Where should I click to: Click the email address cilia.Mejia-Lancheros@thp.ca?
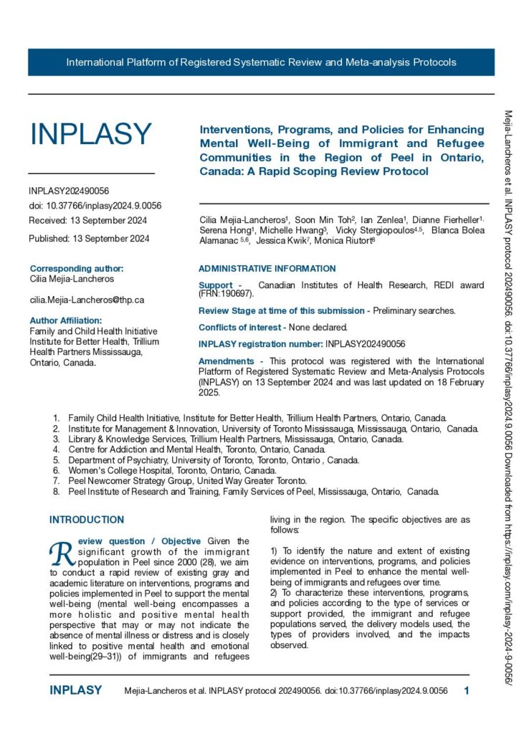(x=87, y=300)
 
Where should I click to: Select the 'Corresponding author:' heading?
(x=77, y=269)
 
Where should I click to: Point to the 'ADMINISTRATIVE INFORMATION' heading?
(x=267, y=269)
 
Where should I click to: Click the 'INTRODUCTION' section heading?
(x=86, y=520)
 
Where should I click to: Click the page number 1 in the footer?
(x=467, y=691)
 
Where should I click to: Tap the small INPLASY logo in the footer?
(x=75, y=691)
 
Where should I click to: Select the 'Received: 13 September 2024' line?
(x=88, y=220)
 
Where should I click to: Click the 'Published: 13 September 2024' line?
(x=89, y=239)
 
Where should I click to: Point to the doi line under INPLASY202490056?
(x=95, y=206)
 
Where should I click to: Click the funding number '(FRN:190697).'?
(x=226, y=294)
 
